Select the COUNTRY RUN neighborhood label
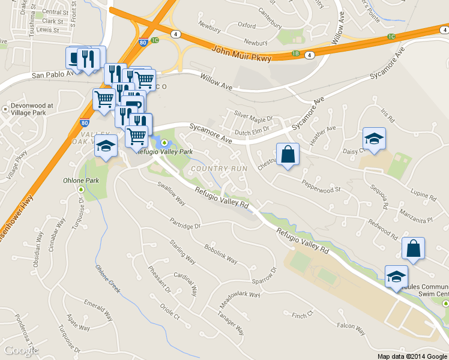tap(218, 169)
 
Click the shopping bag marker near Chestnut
tap(288, 155)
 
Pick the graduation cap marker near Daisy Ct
tap(374, 139)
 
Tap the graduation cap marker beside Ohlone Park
tap(106, 146)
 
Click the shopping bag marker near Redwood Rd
tap(413, 248)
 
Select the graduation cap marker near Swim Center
tap(396, 277)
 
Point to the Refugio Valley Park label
tap(165, 152)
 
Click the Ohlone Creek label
tap(108, 278)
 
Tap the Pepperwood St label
tap(321, 186)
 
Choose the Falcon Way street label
tap(351, 328)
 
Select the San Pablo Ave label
tap(52, 75)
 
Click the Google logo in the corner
tap(20, 350)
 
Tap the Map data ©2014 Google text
tap(412, 356)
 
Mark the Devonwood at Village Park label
tap(32, 108)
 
